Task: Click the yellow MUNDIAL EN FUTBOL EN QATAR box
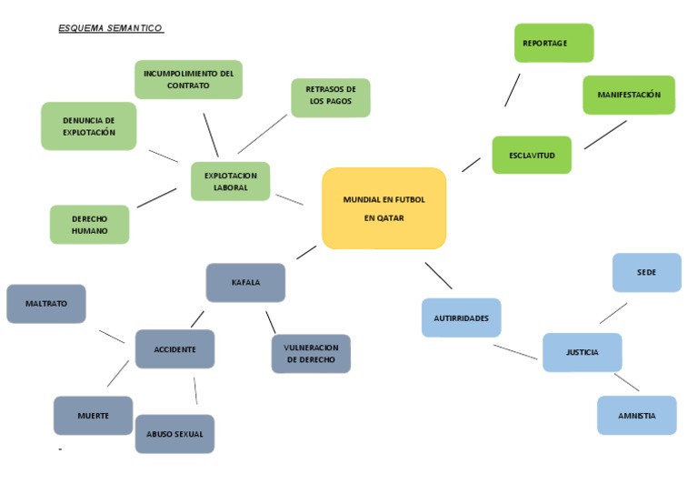coord(384,208)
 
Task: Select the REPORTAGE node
coord(553,43)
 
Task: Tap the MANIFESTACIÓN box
coord(629,95)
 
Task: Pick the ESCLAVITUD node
coord(532,155)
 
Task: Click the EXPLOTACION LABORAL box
coord(231,181)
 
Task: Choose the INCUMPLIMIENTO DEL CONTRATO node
coord(188,79)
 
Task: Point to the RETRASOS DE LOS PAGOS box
coord(331,97)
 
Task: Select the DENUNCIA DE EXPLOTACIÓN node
coord(89,126)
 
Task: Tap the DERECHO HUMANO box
coord(89,225)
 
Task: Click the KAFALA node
coord(245,282)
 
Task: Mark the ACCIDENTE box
coord(174,348)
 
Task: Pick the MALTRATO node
coord(46,304)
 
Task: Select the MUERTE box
coord(93,416)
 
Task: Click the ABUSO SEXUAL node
coord(174,434)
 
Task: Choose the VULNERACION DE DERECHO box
coord(311,354)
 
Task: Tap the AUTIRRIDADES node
coord(461,318)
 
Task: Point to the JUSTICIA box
coord(582,352)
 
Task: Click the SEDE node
coord(646,272)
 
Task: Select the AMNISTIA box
coord(636,415)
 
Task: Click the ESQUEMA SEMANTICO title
coord(110,28)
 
